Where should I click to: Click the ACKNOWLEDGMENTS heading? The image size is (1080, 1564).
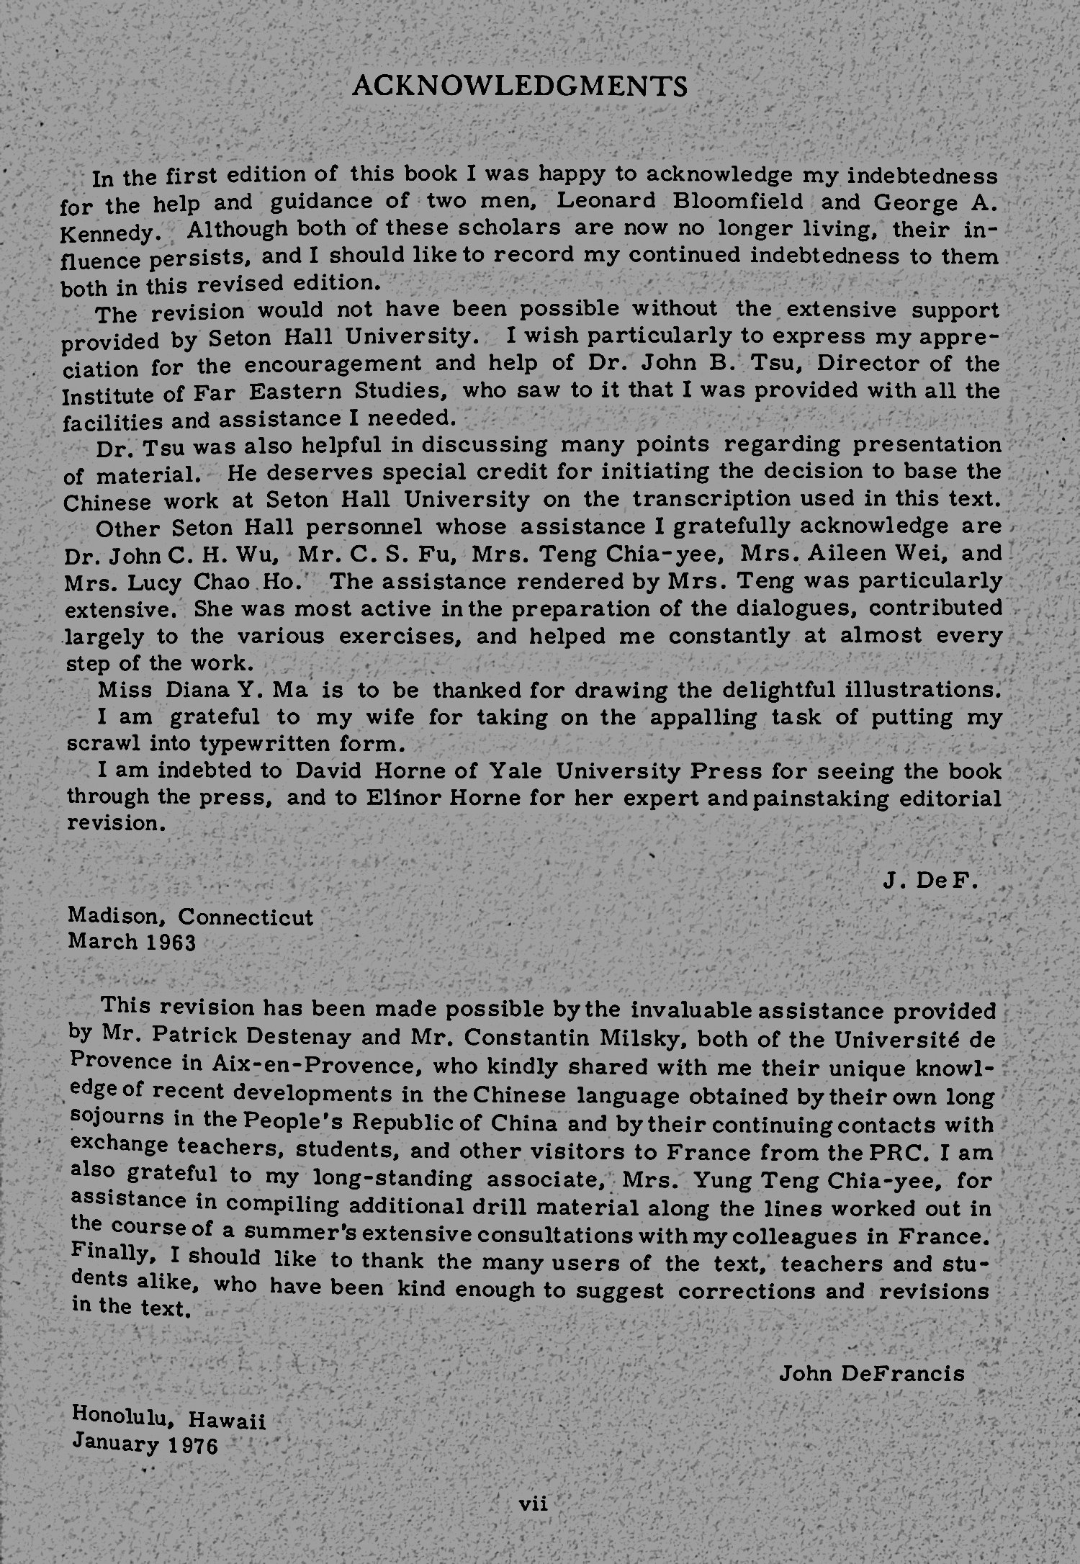pos(520,86)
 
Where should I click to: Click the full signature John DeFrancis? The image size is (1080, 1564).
pos(872,1373)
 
